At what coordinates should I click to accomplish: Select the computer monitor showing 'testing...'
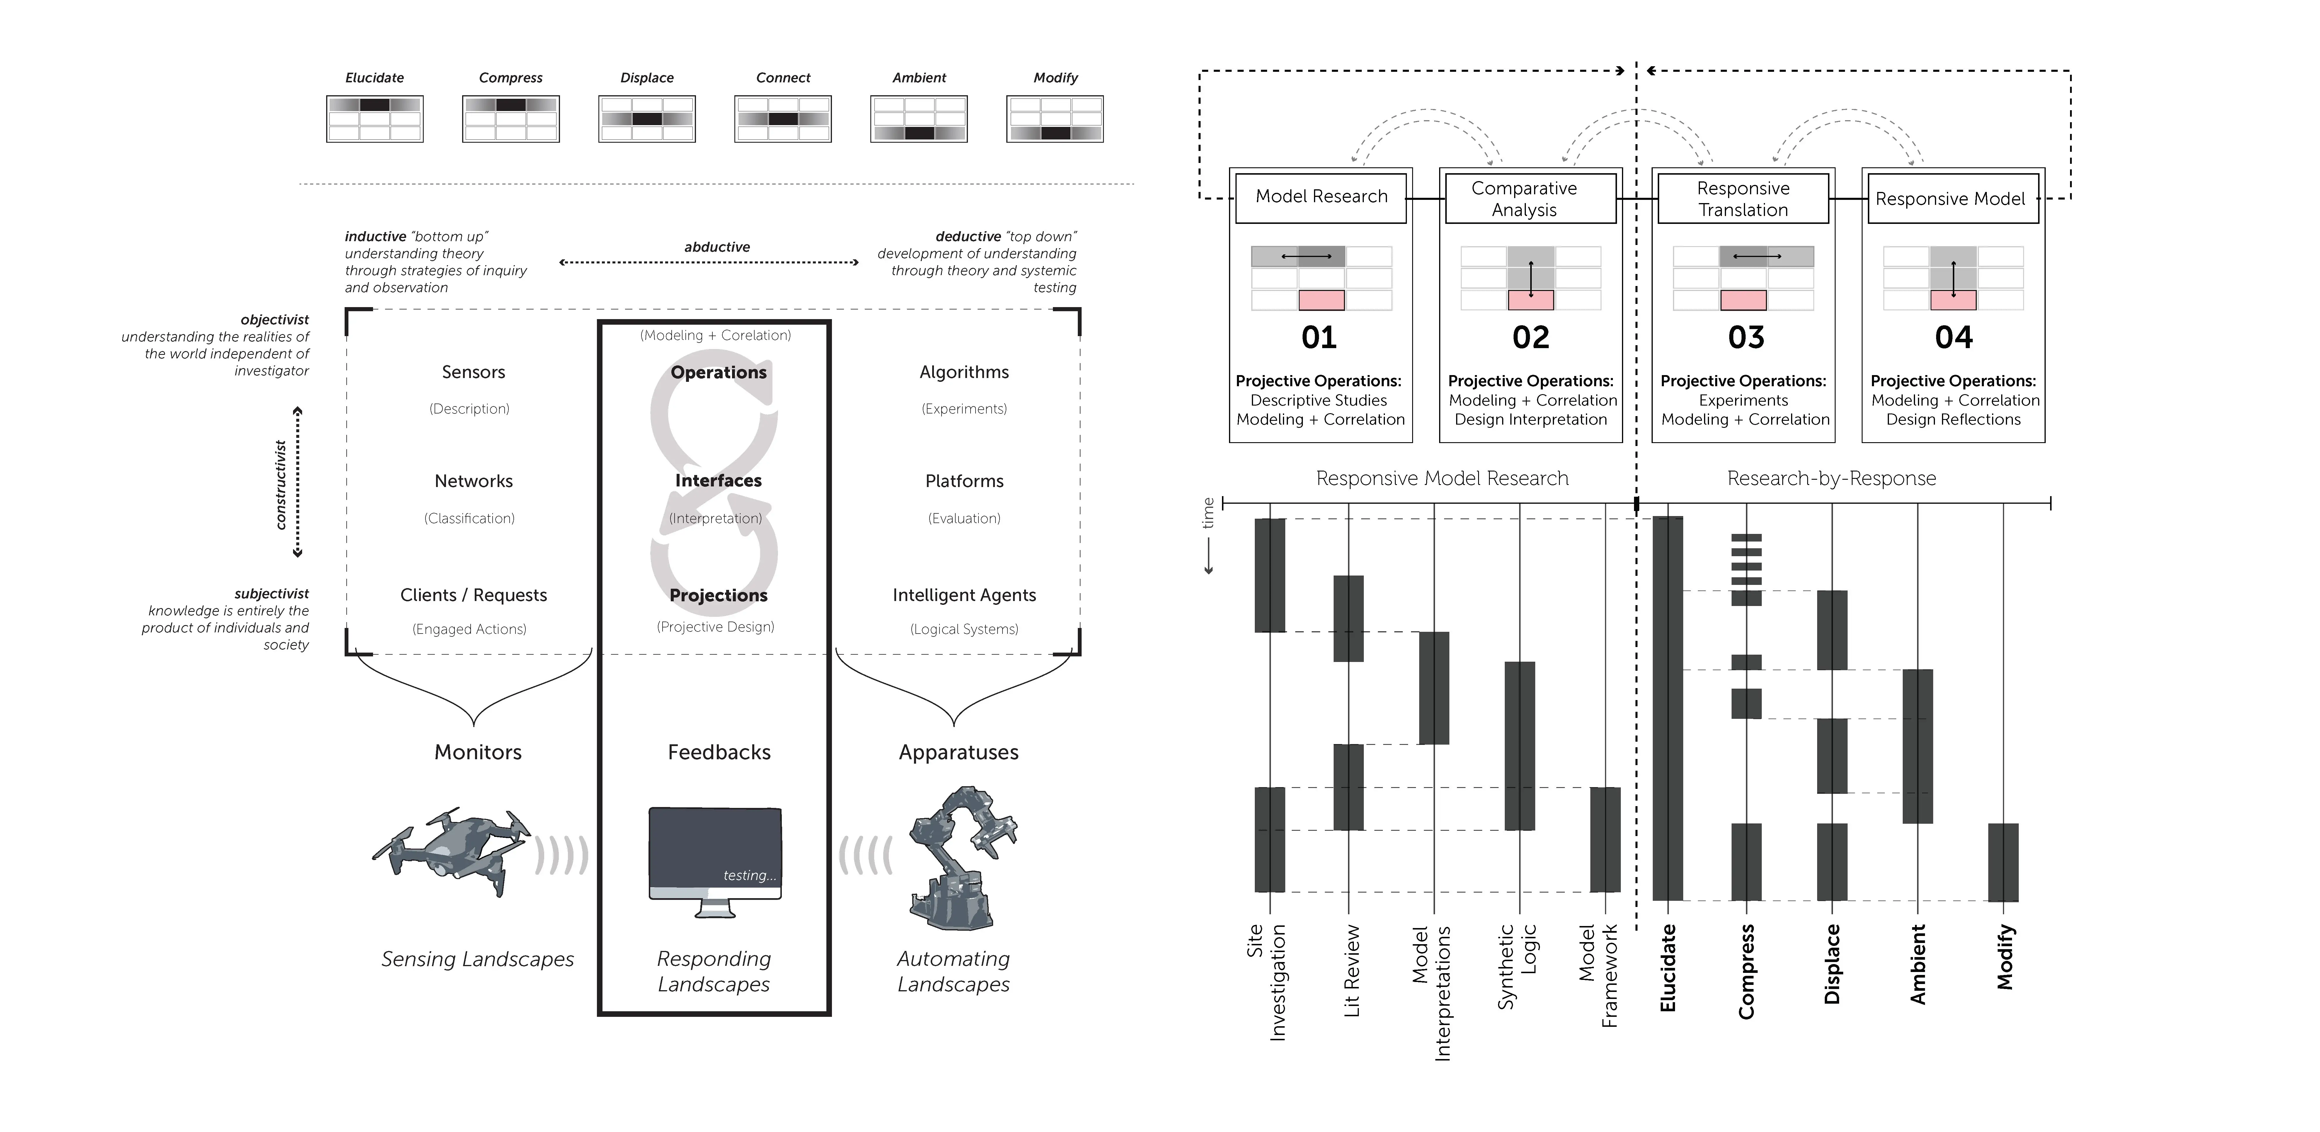[x=715, y=860]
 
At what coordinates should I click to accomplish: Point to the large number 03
[x=1745, y=338]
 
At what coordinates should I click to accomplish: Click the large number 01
[x=1318, y=338]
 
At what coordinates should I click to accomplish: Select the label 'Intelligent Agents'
[x=964, y=595]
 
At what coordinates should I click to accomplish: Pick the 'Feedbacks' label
[x=719, y=752]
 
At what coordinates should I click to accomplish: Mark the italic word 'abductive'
[x=717, y=247]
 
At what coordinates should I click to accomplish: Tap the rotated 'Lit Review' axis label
[x=1351, y=971]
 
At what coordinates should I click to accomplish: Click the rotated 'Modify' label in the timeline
[x=2005, y=956]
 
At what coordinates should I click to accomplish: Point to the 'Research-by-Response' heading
[x=1831, y=478]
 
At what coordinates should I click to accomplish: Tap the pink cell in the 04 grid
[x=1953, y=300]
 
